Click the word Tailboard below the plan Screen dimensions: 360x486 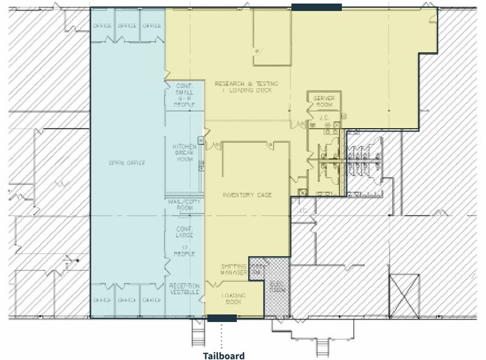click(223, 355)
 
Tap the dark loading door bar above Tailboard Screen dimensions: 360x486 click(222, 318)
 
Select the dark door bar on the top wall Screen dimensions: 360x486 click(316, 7)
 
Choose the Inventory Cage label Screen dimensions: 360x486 click(247, 195)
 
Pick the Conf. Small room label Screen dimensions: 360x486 click(184, 95)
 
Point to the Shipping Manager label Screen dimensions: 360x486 click(234, 270)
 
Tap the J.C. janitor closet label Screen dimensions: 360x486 click(324, 116)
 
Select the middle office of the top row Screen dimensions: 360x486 click(127, 26)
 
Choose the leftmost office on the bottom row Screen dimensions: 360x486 click(102, 300)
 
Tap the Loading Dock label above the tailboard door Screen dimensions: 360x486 click(233, 299)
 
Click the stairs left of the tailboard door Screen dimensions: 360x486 click(200, 334)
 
